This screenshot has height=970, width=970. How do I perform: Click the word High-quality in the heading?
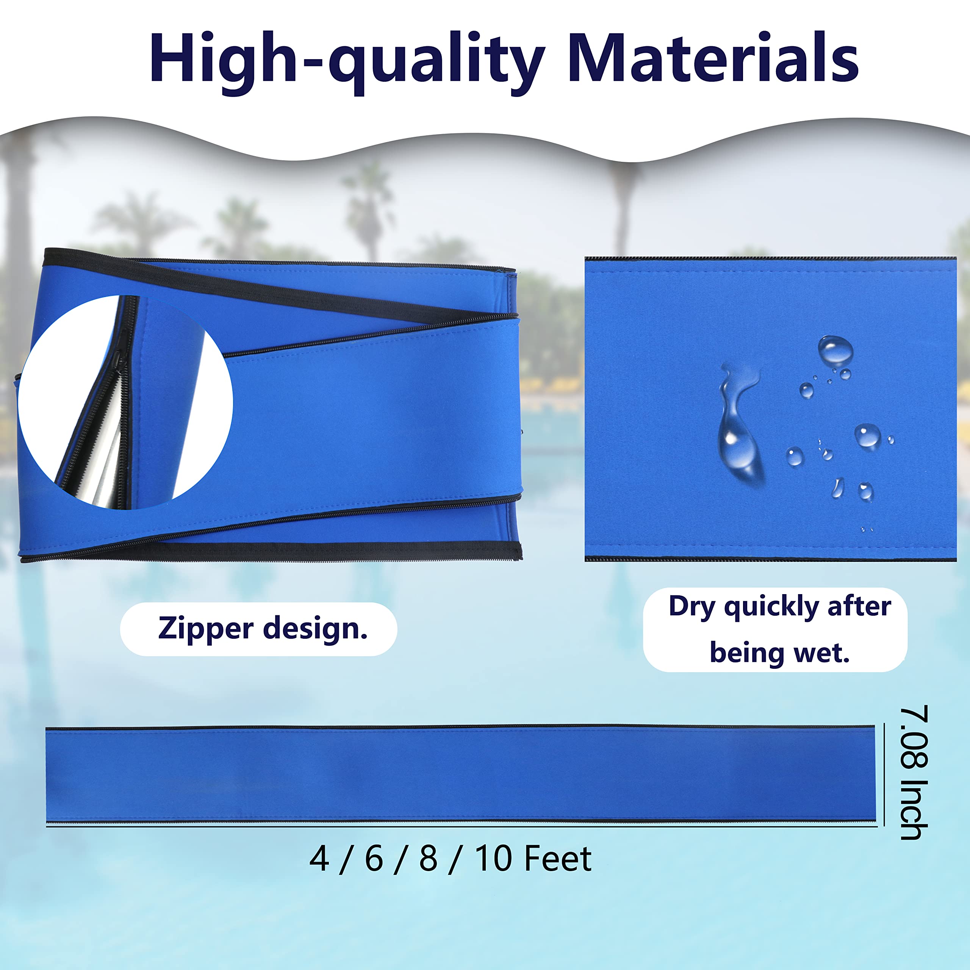coord(346,60)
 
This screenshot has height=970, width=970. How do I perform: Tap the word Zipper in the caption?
coord(206,629)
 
